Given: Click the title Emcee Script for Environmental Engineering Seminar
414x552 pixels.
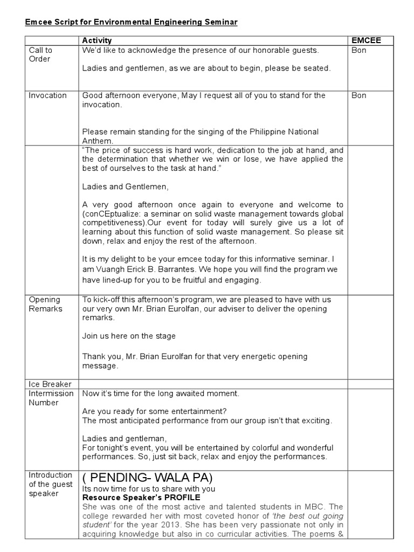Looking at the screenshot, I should coord(131,22).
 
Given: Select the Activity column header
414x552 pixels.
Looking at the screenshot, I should coord(96,40).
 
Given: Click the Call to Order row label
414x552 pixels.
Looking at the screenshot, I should coord(40,54).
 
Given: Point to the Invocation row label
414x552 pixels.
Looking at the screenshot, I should coord(48,95).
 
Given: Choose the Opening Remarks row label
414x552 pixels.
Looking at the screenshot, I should coord(45,304).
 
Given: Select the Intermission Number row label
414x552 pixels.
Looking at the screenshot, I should coord(51,398).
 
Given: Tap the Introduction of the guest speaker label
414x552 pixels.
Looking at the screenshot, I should coord(50,484).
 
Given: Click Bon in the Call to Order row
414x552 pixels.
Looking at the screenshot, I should coord(358,50).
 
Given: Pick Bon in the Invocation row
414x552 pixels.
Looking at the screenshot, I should coord(358,95).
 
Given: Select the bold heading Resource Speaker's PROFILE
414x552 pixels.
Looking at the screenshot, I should coord(141,497).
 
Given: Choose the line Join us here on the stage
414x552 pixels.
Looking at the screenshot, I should coord(129,336).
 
